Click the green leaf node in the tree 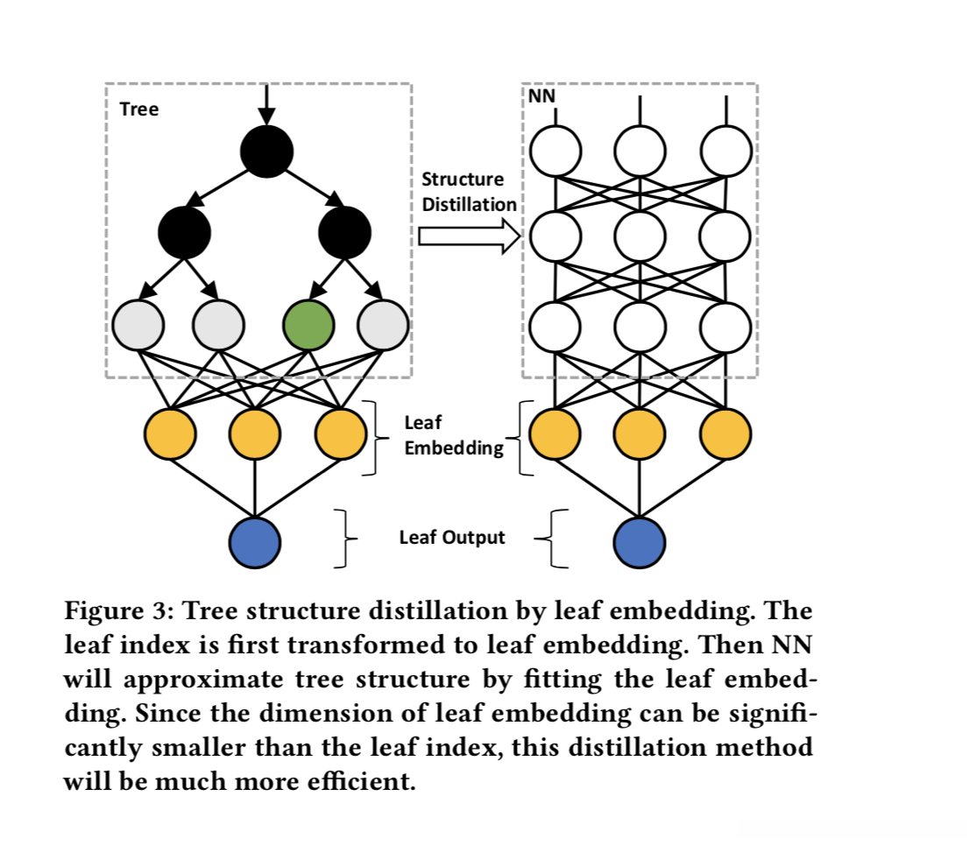[x=308, y=325]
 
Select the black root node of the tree [x=266, y=151]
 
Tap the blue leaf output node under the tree [x=255, y=542]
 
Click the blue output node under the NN [x=639, y=542]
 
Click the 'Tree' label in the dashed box [x=138, y=110]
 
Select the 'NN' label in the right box [x=542, y=95]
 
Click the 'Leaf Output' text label [x=452, y=538]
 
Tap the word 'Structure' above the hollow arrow [x=463, y=180]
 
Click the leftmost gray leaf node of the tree [x=138, y=325]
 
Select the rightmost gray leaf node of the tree [x=383, y=325]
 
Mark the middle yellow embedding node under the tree [x=255, y=433]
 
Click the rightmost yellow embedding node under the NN [x=725, y=433]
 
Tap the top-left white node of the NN [x=555, y=151]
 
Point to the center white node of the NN [x=640, y=235]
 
